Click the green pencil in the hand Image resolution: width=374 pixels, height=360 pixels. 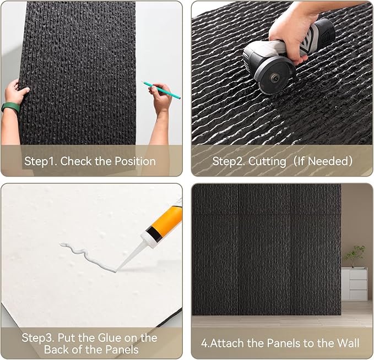pyautogui.click(x=161, y=90)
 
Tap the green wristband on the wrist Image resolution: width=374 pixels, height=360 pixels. pyautogui.click(x=10, y=107)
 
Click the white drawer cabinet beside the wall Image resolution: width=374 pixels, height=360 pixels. pyautogui.click(x=355, y=283)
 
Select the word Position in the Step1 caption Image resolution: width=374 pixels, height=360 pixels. pyautogui.click(x=135, y=161)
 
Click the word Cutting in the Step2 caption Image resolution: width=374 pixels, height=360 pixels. pyautogui.click(x=267, y=162)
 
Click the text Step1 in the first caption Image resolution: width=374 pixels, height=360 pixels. pyautogui.click(x=41, y=161)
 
